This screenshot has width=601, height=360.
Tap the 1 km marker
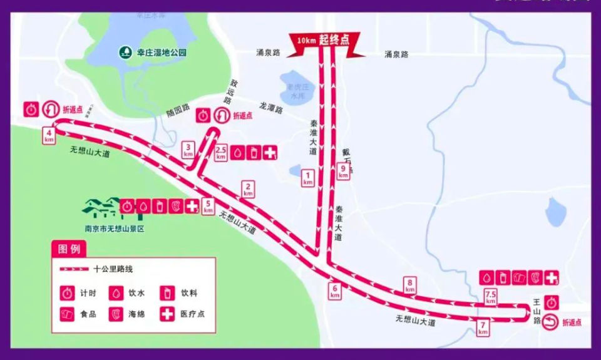pyautogui.click(x=307, y=178)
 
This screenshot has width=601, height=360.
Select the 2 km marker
pyautogui.click(x=249, y=188)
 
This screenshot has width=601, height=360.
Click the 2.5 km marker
pyautogui.click(x=220, y=153)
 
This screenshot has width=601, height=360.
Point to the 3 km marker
pyautogui.click(x=188, y=150)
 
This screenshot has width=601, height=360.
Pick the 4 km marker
pyautogui.click(x=49, y=136)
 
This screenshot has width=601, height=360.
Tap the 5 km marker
pyautogui.click(x=208, y=206)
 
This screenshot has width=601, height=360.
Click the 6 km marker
pyautogui.click(x=335, y=291)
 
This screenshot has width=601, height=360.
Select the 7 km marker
pyautogui.click(x=483, y=327)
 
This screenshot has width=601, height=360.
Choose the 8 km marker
pyautogui.click(x=410, y=285)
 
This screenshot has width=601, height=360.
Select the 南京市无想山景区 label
pyautogui.click(x=115, y=229)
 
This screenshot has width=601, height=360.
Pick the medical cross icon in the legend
pyautogui.click(x=167, y=314)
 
